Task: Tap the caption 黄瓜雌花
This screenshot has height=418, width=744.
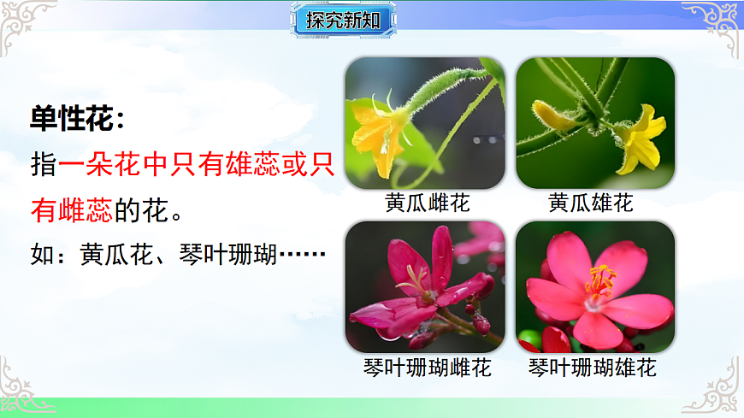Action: tap(428, 203)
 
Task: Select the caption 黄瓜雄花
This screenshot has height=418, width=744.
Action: tap(591, 203)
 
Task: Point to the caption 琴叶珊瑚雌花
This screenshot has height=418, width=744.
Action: tap(428, 368)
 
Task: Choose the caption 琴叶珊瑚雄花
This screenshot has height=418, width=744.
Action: tap(593, 368)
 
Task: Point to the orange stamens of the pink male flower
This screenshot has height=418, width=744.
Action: tap(600, 280)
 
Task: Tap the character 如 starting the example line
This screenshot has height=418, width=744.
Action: tap(42, 254)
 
